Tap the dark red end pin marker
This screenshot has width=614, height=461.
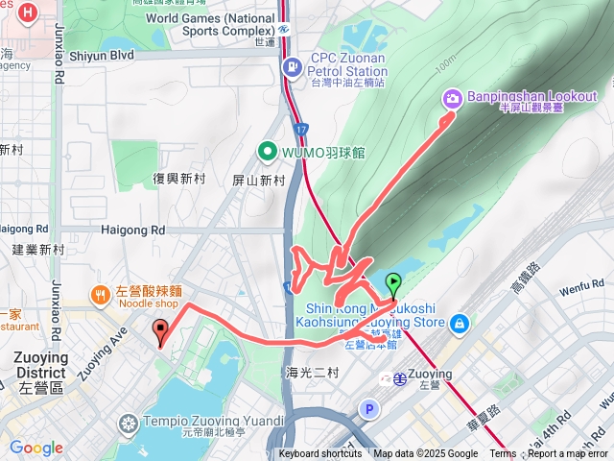point(160,331)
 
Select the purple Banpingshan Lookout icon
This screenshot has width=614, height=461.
point(452,98)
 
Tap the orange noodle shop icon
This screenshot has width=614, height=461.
point(99,294)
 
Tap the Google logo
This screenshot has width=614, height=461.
point(35,449)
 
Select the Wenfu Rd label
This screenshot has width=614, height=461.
point(580,286)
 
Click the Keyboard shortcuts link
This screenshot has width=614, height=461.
point(320,454)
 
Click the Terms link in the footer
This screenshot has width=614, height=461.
point(503,454)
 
